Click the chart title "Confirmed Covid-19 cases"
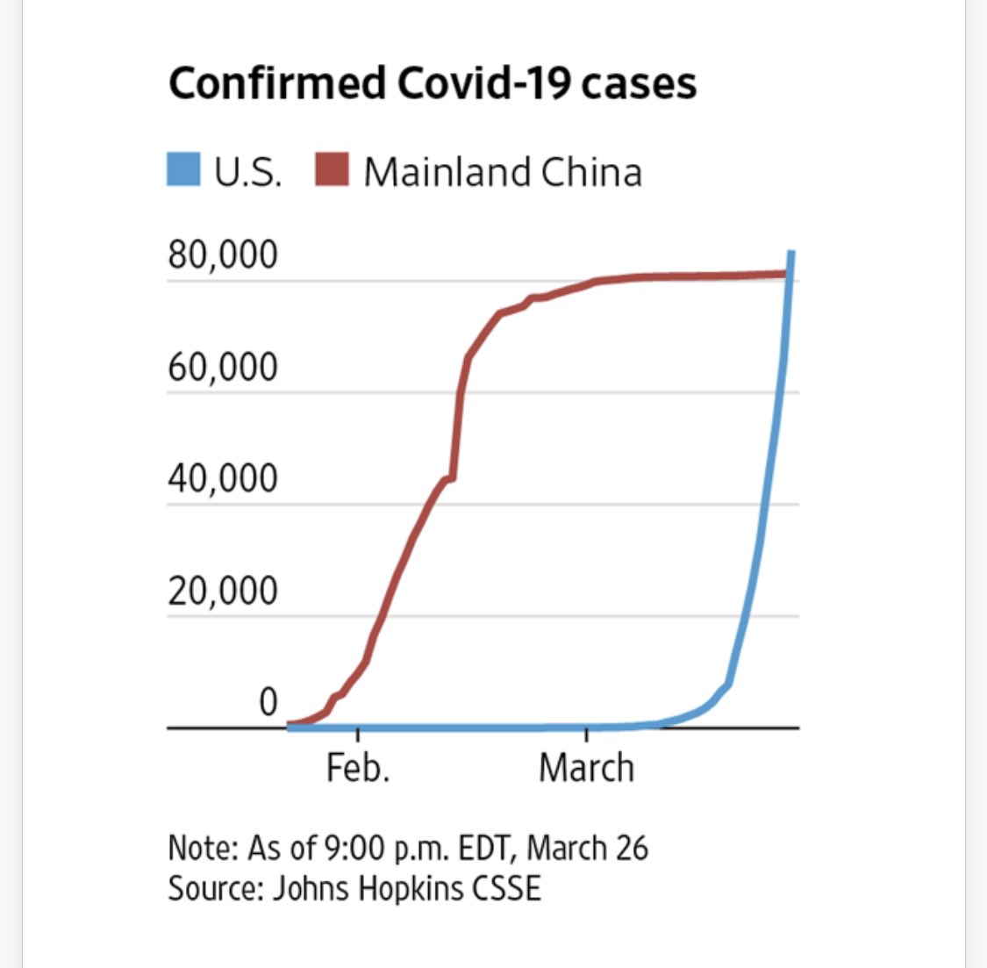(432, 84)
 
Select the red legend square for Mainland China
(332, 169)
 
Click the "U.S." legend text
(248, 172)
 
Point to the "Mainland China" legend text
(503, 172)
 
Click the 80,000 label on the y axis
(223, 255)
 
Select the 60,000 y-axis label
(223, 367)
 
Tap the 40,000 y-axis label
(223, 479)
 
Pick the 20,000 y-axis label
(223, 591)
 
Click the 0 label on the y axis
(268, 702)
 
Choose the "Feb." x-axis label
(358, 768)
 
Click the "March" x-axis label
(586, 768)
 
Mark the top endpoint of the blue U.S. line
(791, 254)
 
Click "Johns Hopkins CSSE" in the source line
(407, 888)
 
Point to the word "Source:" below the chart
(216, 888)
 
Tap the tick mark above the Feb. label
(358, 735)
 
